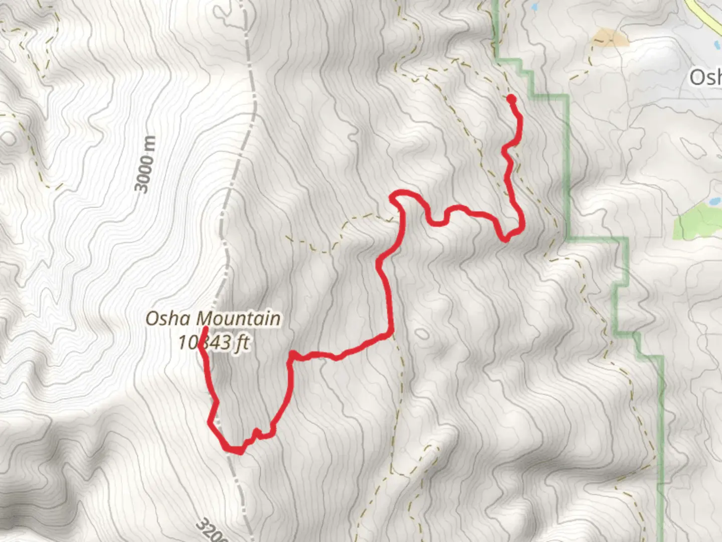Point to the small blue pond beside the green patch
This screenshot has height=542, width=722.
pos(712,202)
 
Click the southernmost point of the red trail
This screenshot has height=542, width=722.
pos(240,452)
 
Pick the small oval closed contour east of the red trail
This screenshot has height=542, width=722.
pos(422,334)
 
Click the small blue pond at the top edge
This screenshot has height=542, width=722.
pos(533,7)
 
